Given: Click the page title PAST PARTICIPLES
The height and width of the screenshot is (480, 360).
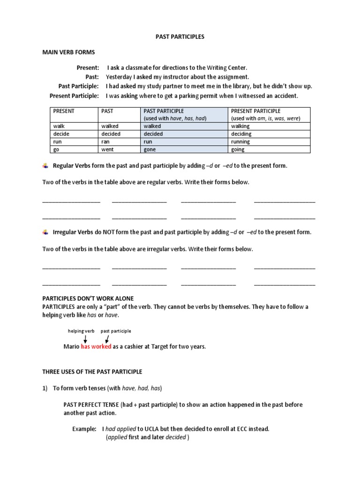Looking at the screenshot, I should (x=180, y=37).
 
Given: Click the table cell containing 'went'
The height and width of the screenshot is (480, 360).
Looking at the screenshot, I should (x=119, y=149).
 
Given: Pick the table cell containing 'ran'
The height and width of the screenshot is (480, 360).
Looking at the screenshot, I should (x=119, y=142).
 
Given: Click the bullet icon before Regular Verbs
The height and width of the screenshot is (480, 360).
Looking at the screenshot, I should (x=45, y=165).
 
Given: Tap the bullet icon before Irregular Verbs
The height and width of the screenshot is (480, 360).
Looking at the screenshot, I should (x=45, y=232).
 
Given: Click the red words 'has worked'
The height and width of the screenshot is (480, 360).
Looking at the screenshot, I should (x=96, y=347).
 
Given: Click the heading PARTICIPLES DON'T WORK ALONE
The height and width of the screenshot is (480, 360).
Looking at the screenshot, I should (x=88, y=298).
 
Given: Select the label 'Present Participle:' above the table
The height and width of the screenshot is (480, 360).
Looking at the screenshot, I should (x=74, y=96).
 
